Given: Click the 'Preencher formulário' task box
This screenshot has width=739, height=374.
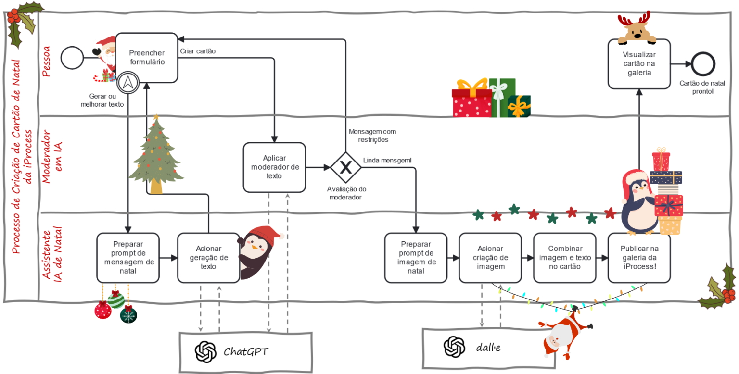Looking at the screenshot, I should pyautogui.click(x=147, y=58).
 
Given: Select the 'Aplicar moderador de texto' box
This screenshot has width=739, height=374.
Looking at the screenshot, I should pyautogui.click(x=274, y=167).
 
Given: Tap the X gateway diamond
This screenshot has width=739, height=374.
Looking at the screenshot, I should pyautogui.click(x=345, y=167).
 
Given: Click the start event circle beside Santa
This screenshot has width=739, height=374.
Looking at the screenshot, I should pyautogui.click(x=73, y=58).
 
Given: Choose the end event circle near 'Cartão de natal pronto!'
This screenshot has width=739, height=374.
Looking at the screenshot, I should pyautogui.click(x=703, y=64).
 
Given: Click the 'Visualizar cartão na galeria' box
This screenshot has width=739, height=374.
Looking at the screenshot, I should pyautogui.click(x=639, y=64).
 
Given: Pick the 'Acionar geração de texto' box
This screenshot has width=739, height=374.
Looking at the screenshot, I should pyautogui.click(x=208, y=258).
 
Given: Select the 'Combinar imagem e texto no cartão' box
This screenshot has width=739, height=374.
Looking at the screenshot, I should pyautogui.click(x=564, y=258).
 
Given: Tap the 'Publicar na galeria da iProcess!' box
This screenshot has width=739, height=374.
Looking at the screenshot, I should pyautogui.click(x=639, y=258).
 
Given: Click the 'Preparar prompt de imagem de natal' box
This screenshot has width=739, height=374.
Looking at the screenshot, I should pyautogui.click(x=415, y=258).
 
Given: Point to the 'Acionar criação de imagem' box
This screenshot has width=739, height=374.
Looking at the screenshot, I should pyautogui.click(x=490, y=258).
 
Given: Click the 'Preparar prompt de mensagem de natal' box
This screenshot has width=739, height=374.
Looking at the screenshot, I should pyautogui.click(x=127, y=258).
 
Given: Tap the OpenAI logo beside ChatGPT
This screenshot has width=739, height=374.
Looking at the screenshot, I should pyautogui.click(x=205, y=351).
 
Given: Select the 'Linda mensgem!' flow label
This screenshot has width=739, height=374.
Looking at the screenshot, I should pyautogui.click(x=387, y=160).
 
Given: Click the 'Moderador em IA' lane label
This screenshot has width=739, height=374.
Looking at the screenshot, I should pyautogui.click(x=51, y=162).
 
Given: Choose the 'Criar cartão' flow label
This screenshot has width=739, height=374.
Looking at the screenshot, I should pyautogui.click(x=198, y=51).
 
